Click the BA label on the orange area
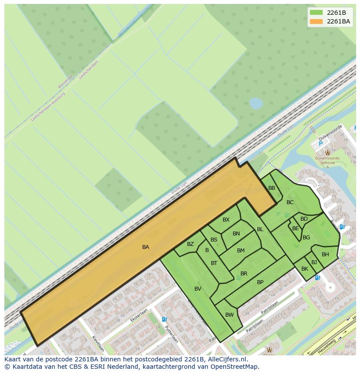146,247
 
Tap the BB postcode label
272,188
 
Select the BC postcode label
290,202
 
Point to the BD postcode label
304,219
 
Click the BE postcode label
296,228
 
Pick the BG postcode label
306,238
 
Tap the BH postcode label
325,255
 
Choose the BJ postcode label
314,262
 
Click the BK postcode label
305,269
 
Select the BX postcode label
226,220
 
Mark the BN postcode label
236,234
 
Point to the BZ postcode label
190,244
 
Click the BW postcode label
230,315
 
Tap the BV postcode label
198,289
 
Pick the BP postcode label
260,282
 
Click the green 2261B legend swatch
317,13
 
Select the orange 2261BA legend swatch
317,21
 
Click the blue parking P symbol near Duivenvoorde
321,144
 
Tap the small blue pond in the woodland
256,103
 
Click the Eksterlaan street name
139,315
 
